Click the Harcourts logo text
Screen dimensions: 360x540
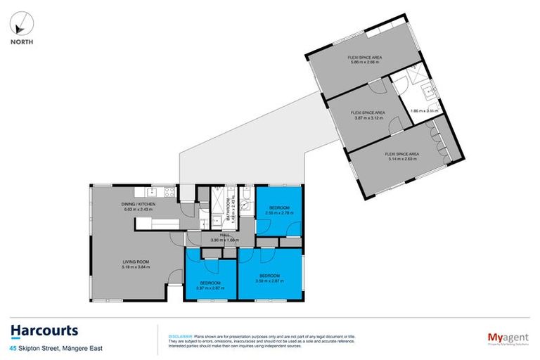(44, 330)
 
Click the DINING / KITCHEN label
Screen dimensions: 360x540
(133, 204)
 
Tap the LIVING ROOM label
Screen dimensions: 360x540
(133, 262)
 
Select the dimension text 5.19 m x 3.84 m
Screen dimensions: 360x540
(133, 267)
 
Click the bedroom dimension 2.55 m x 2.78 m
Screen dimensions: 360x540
(278, 212)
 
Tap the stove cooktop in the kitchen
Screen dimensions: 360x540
(169, 191)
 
